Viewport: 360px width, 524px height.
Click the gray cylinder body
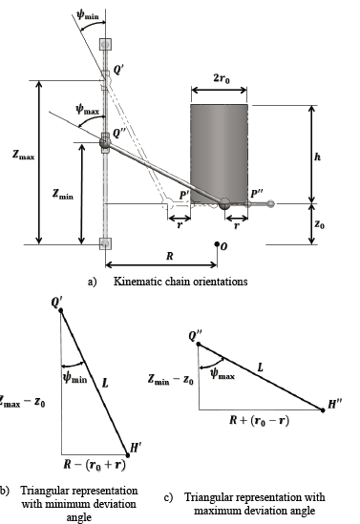tap(220, 153)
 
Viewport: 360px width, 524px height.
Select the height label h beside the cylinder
tap(317, 154)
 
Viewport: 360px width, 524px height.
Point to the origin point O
tap(222, 246)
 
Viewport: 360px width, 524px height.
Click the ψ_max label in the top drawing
tap(87, 111)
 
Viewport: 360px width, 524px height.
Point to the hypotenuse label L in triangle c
tap(261, 367)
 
